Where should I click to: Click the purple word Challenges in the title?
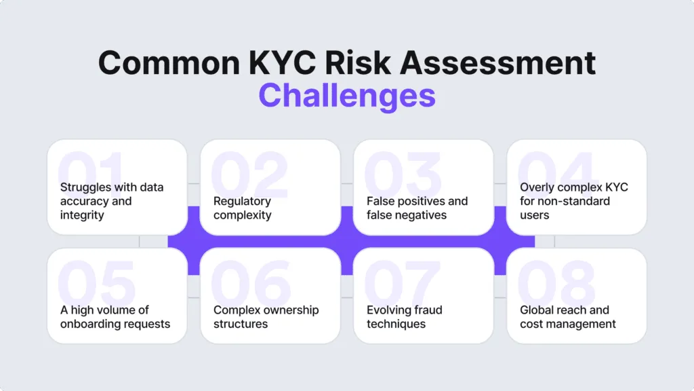coord(347,95)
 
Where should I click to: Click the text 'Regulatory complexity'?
coord(243,208)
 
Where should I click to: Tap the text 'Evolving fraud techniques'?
coord(405,317)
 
